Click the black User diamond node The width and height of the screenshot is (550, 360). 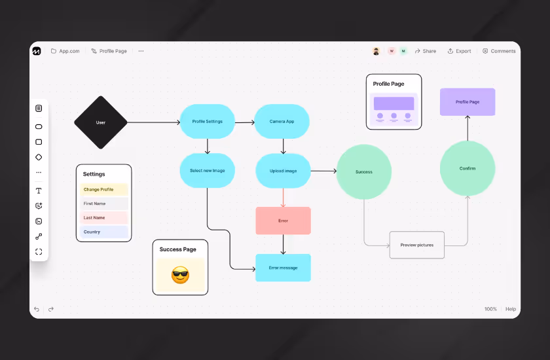click(100, 122)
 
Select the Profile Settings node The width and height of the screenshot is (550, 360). click(207, 122)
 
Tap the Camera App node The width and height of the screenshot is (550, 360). click(282, 122)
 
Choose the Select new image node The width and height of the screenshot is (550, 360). click(207, 171)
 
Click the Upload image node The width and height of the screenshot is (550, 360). click(283, 171)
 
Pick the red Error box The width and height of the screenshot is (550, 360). click(283, 221)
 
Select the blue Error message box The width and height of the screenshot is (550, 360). click(283, 268)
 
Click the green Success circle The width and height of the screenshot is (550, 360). click(363, 171)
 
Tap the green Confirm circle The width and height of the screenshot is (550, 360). click(467, 168)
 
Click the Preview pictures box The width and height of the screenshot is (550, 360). click(416, 245)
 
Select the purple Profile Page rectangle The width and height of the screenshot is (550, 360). click(467, 102)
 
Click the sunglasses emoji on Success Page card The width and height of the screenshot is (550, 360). click(180, 275)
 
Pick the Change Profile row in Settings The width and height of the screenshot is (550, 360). click(104, 190)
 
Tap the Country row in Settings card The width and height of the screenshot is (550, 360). click(104, 232)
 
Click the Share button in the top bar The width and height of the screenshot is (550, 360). click(426, 51)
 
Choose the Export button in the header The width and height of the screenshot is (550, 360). click(459, 51)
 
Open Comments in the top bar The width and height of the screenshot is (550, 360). click(499, 51)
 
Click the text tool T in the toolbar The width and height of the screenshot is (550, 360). click(39, 190)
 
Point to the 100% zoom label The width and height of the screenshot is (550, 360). click(490, 309)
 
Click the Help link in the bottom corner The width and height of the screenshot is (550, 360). click(511, 309)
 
